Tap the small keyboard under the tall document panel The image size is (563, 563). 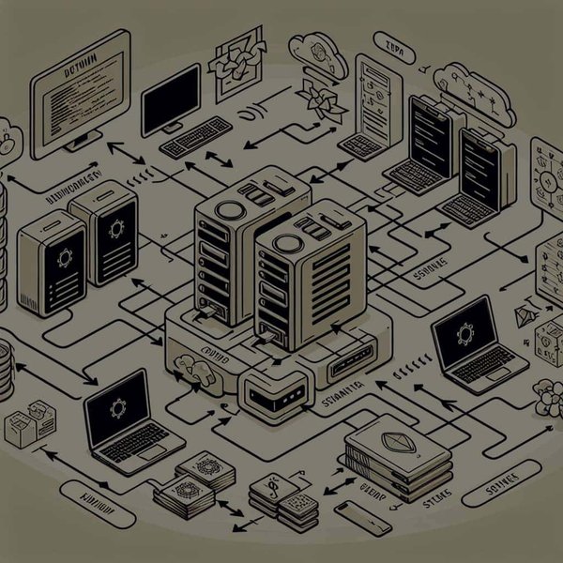pos(359,145)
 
